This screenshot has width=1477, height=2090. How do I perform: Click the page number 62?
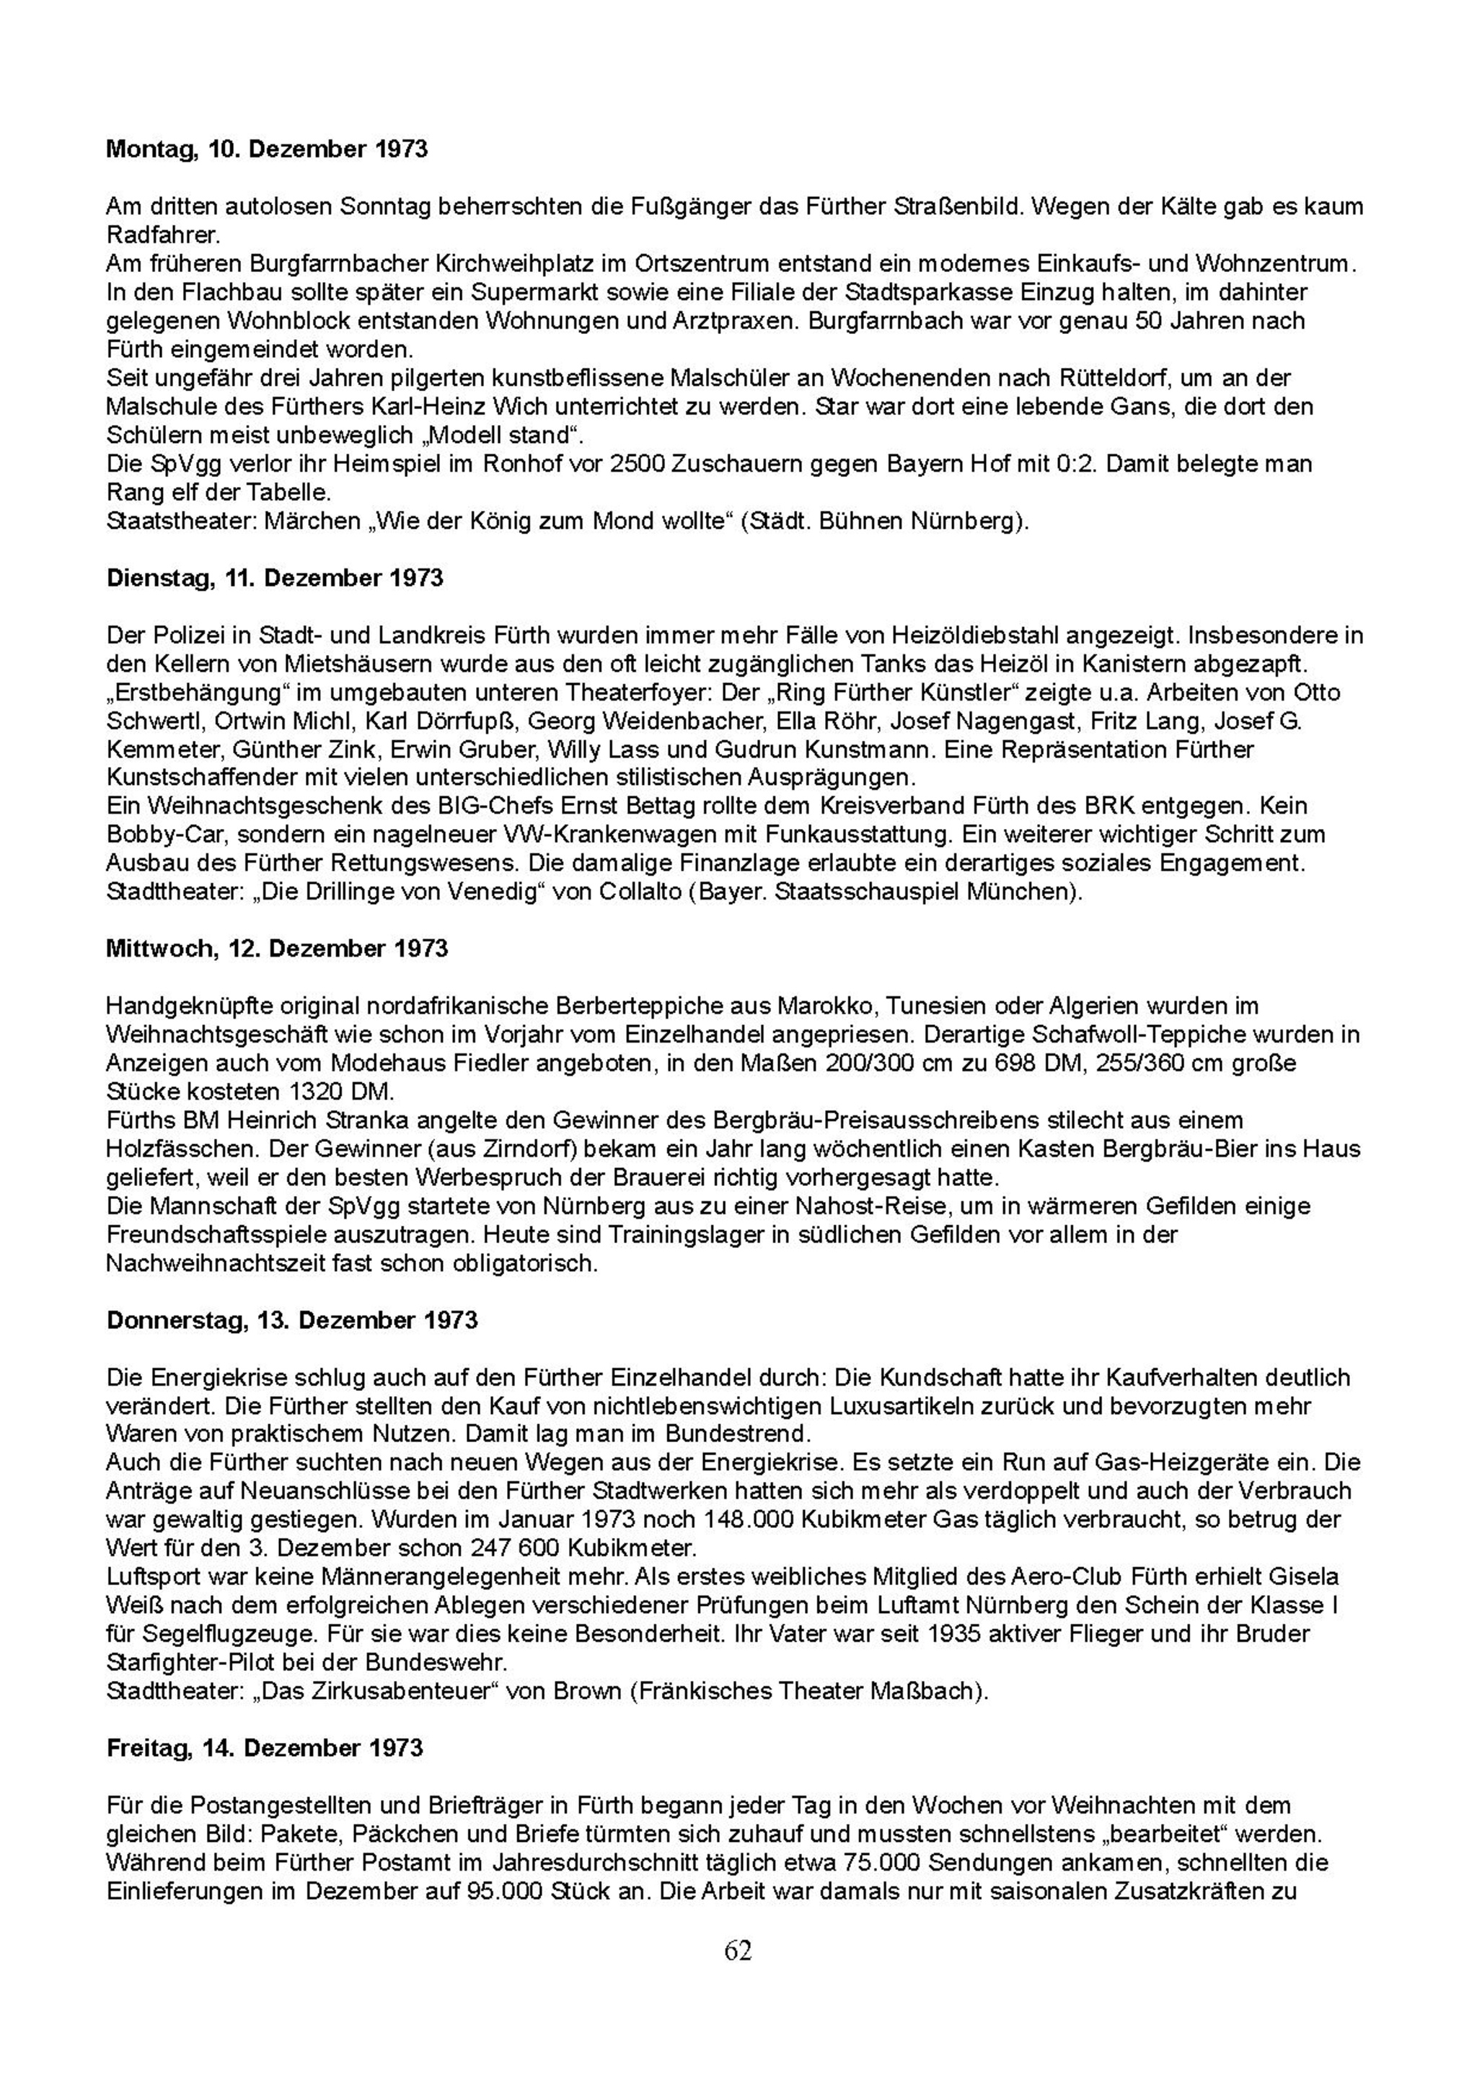738,1950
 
